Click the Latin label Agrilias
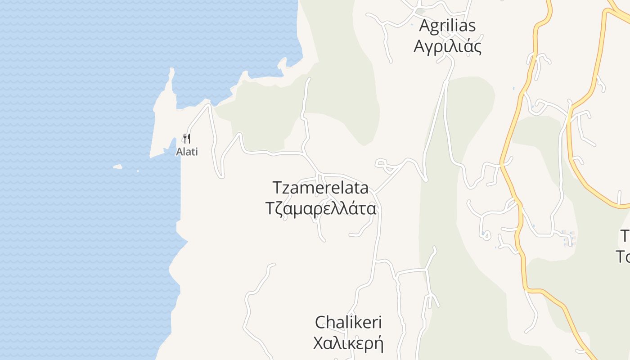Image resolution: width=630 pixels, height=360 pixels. coord(447,26)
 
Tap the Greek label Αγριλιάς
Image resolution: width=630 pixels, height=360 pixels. coord(447,46)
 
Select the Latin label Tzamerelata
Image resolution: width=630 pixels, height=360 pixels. coord(320,188)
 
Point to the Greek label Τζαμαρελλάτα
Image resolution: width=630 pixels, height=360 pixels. coord(320,209)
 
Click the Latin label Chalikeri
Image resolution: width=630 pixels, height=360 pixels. coord(348,322)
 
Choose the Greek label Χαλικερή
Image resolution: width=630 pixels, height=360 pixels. coord(348,343)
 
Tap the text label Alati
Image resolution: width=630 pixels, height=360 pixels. coord(187,152)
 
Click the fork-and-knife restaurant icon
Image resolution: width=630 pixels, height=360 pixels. coord(187,138)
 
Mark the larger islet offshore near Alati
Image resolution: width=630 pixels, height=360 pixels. coord(117,167)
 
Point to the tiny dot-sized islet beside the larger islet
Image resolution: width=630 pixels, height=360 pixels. coord(138,171)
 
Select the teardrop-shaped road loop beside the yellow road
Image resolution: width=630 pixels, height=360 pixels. coord(485,234)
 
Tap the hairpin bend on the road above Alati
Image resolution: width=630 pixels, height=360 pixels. coord(208,106)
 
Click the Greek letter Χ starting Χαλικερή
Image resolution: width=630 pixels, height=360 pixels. coord(319,343)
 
